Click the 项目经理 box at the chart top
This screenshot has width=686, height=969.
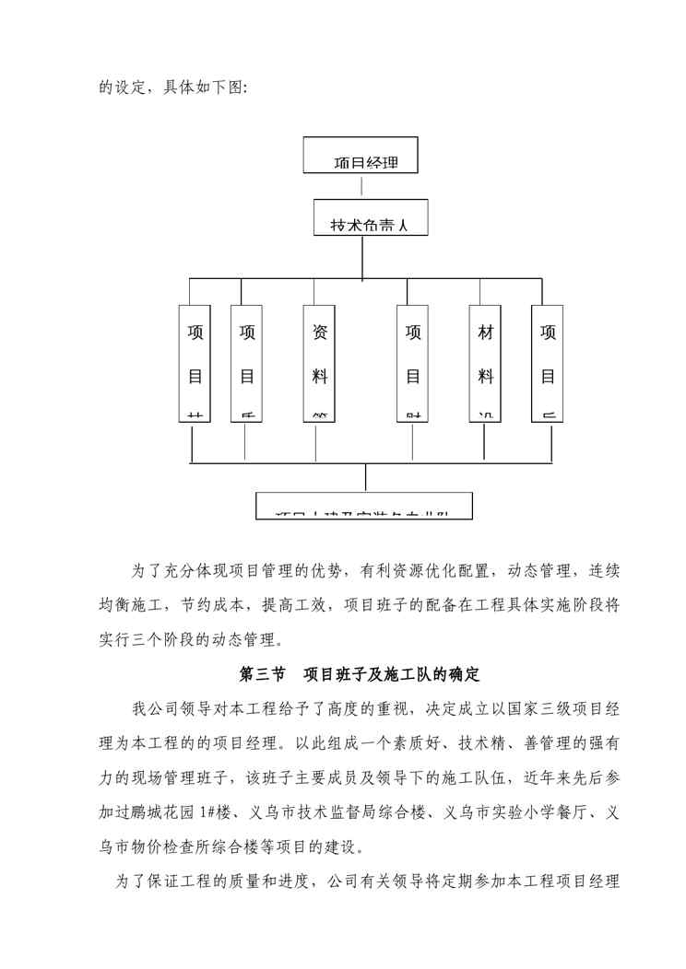[x=361, y=156]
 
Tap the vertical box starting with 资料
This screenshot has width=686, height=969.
[x=315, y=363]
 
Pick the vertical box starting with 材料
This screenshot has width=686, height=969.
[x=486, y=363]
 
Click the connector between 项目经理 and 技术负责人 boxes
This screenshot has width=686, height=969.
[x=361, y=186]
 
